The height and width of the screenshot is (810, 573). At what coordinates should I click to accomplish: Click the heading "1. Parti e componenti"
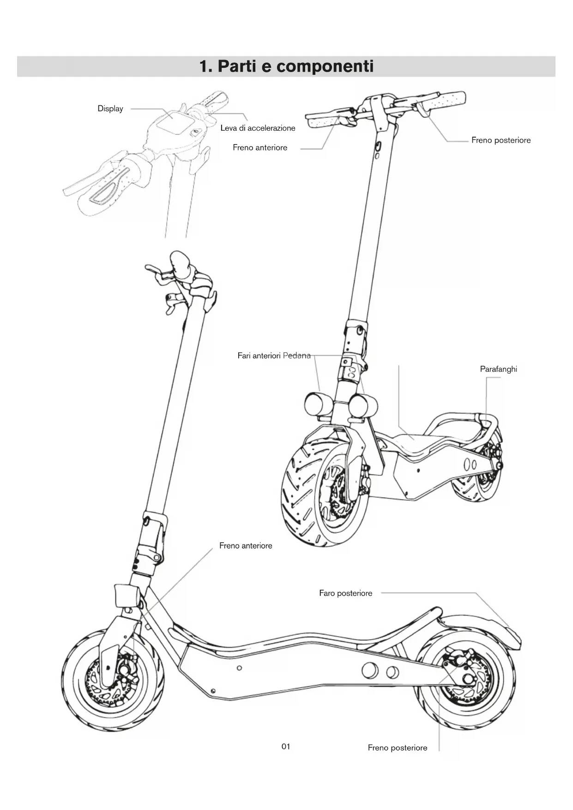coord(286,66)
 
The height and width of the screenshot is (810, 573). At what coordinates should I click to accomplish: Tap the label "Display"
coord(110,109)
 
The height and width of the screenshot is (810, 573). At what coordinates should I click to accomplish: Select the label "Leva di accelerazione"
coord(258,128)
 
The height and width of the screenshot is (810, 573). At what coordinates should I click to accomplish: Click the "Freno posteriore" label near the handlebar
coord(501,140)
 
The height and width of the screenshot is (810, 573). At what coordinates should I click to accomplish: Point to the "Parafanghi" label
coord(499,369)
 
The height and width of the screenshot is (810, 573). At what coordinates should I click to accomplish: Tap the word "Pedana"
coord(296,356)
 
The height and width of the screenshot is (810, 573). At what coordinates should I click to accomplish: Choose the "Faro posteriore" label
coord(345,593)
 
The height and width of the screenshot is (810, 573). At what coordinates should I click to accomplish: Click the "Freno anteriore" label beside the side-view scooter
coord(246,545)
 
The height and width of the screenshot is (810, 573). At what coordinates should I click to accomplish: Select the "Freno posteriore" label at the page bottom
coord(398,748)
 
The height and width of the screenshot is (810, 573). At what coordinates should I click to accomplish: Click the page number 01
coord(286,746)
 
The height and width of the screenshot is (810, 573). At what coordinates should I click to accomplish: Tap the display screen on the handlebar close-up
coord(172,121)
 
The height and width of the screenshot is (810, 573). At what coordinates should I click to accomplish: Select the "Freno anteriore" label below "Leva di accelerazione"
coord(260,148)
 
